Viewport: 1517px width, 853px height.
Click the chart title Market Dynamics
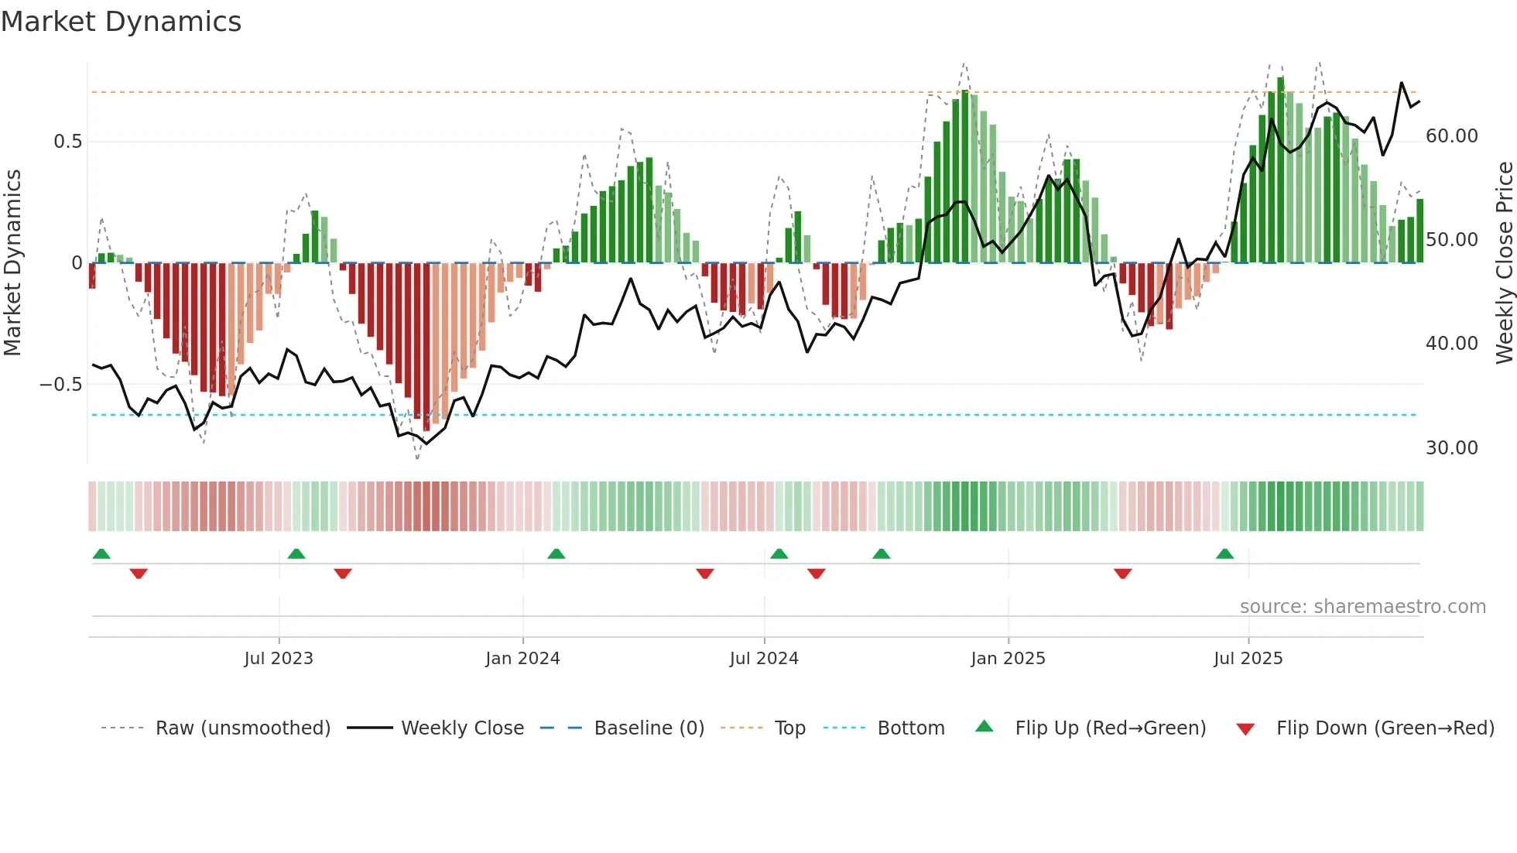pyautogui.click(x=121, y=22)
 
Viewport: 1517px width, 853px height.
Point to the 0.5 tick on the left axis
pyautogui.click(x=67, y=142)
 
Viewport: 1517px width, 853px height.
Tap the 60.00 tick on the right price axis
pyautogui.click(x=1451, y=136)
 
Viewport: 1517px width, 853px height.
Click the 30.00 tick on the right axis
pyautogui.click(x=1451, y=448)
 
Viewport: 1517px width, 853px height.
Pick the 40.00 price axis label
pyautogui.click(x=1451, y=344)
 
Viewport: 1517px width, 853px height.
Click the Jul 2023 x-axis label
pyautogui.click(x=279, y=659)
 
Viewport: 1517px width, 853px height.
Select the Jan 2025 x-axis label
pyautogui.click(x=1008, y=659)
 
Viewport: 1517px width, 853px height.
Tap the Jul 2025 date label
pyautogui.click(x=1248, y=659)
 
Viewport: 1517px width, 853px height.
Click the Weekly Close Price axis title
pyautogui.click(x=1504, y=263)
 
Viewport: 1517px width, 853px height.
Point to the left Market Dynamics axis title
pyautogui.click(x=12, y=263)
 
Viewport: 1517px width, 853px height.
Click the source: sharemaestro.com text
pyautogui.click(x=1362, y=607)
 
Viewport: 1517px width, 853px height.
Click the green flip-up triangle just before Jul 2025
pyautogui.click(x=1224, y=554)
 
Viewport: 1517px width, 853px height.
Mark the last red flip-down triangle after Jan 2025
pyautogui.click(x=1122, y=574)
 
